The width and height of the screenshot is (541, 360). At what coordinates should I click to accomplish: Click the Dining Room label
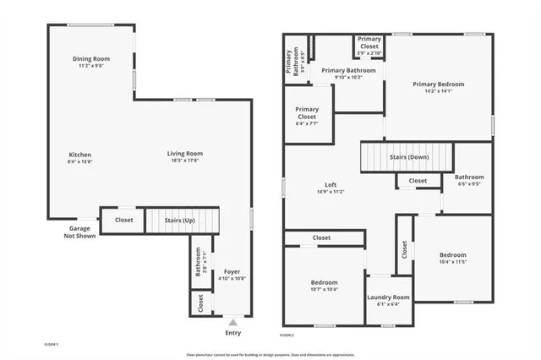pyautogui.click(x=90, y=58)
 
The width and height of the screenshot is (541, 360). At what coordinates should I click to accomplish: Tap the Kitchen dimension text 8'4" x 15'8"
pyautogui.click(x=80, y=161)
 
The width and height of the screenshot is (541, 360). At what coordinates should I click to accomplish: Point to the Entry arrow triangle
pyautogui.click(x=233, y=322)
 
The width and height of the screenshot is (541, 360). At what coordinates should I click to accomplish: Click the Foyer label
pyautogui.click(x=232, y=271)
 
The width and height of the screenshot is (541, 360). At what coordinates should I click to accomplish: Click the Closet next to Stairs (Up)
pyautogui.click(x=124, y=220)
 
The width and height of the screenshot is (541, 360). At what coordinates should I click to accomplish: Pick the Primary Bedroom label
pyautogui.click(x=438, y=84)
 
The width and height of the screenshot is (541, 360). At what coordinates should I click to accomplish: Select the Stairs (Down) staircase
pyautogui.click(x=407, y=157)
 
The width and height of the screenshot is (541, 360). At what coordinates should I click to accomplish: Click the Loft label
pyautogui.click(x=331, y=185)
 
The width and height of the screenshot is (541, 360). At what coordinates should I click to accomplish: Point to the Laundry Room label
pyautogui.click(x=388, y=297)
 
